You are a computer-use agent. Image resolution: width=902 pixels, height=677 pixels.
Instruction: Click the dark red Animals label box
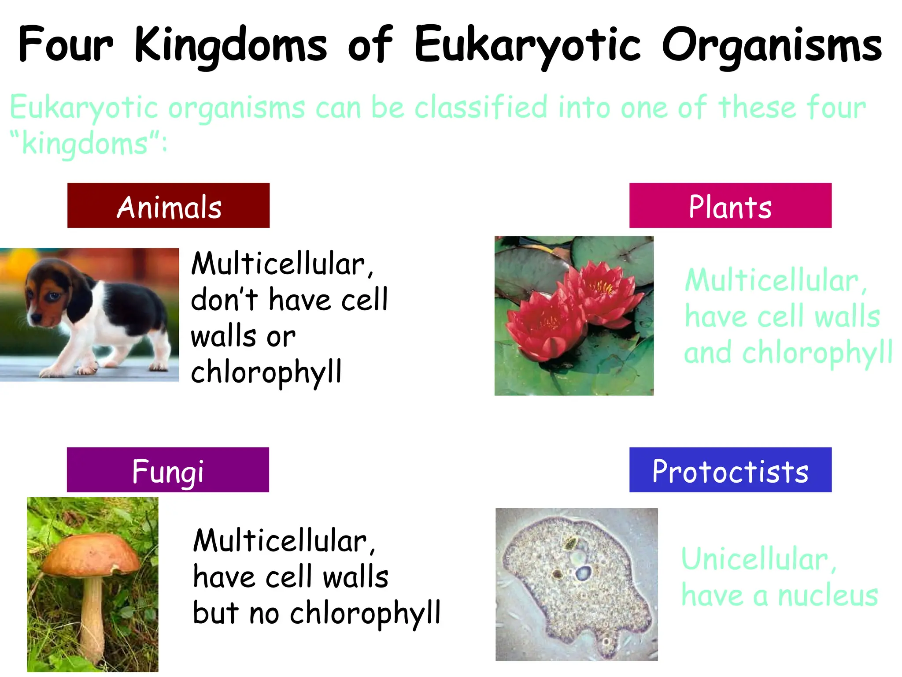click(x=168, y=205)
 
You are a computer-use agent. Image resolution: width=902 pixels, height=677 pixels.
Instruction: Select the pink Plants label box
click(x=730, y=205)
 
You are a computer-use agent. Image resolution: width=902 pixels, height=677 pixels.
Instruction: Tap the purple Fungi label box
click(x=168, y=470)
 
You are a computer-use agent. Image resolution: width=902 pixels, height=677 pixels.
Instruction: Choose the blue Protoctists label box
click(x=730, y=470)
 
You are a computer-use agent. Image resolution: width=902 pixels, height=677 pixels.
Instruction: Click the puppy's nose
click(x=33, y=317)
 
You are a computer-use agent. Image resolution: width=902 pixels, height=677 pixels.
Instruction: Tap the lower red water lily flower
click(x=546, y=326)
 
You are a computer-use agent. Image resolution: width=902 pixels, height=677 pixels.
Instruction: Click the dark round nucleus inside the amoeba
click(x=584, y=573)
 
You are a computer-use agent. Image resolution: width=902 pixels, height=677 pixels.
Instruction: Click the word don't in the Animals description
click(x=225, y=300)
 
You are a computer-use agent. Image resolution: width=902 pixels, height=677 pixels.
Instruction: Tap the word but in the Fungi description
click(x=216, y=614)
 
